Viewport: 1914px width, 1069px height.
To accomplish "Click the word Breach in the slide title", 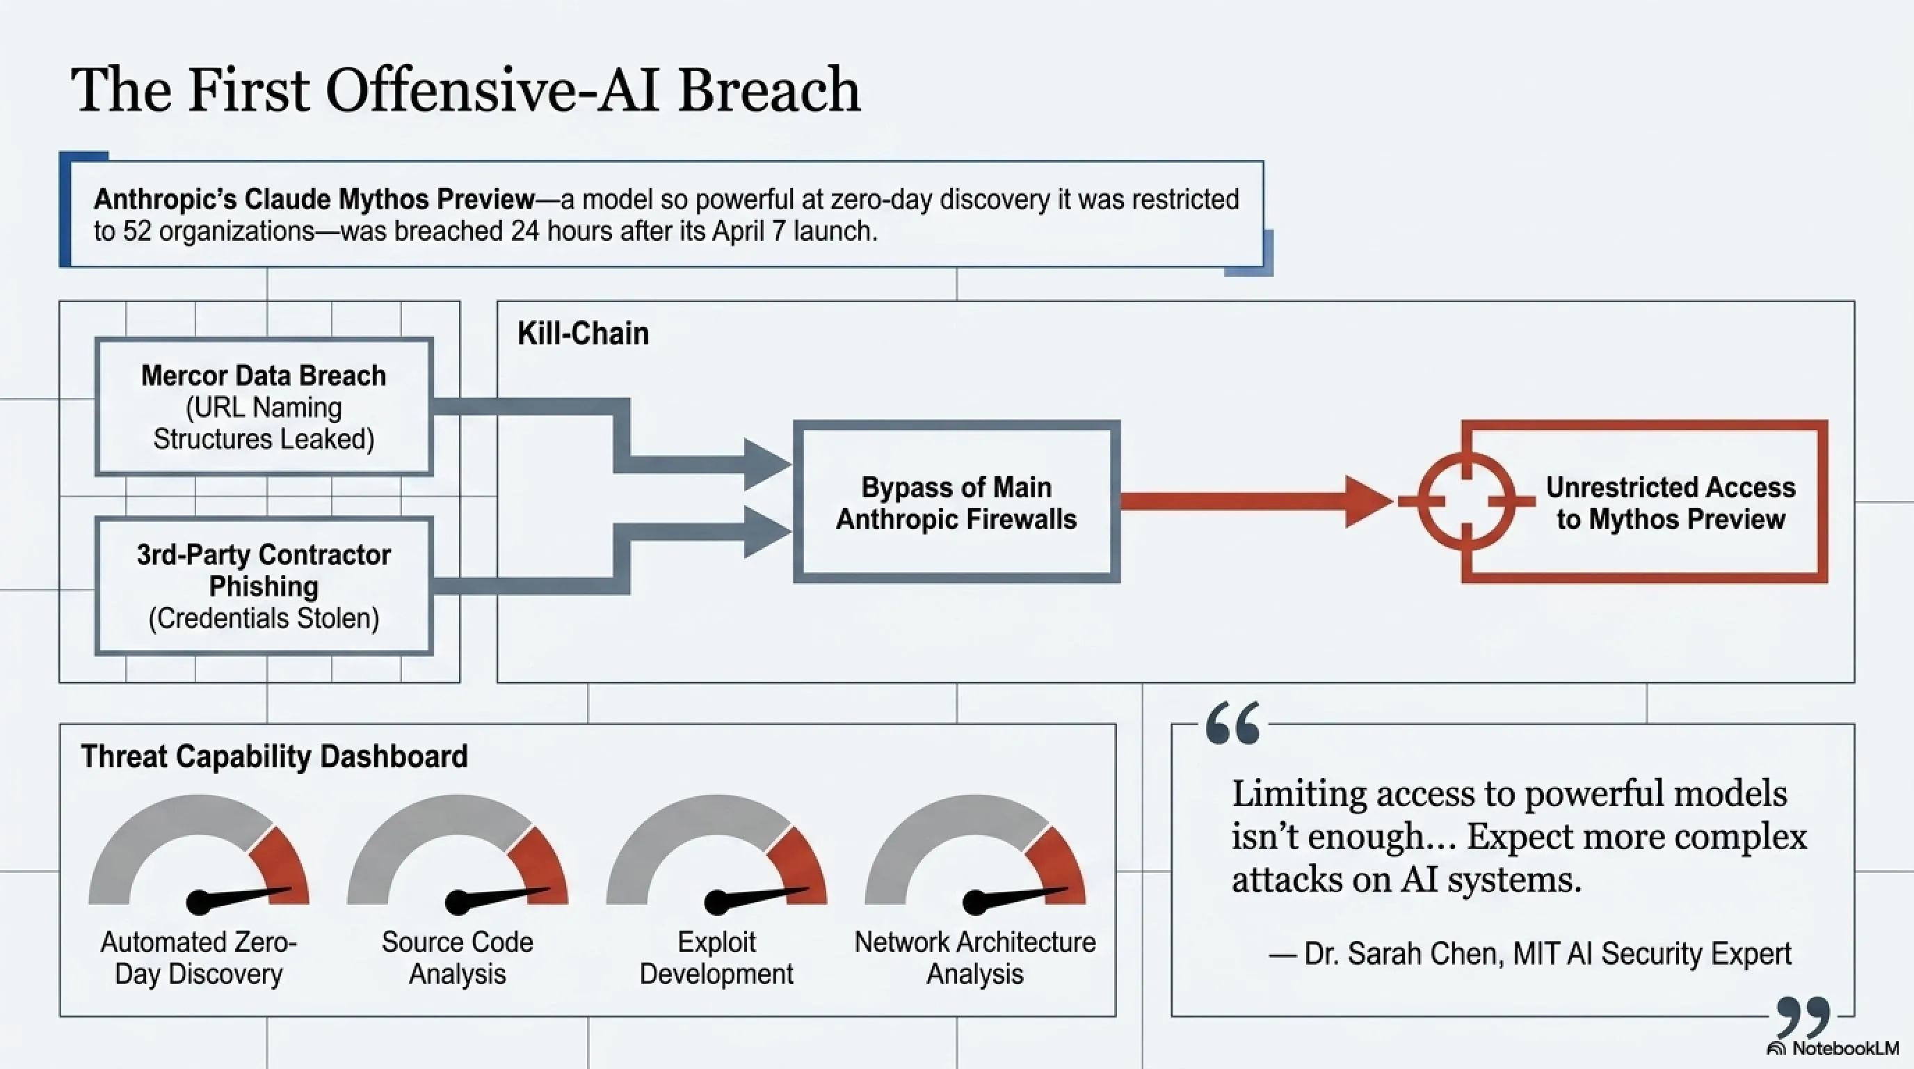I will pyautogui.click(x=769, y=90).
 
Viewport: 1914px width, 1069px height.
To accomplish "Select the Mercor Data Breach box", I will pyautogui.click(x=264, y=406).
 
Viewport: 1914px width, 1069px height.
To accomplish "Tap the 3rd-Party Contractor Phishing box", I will pyautogui.click(x=264, y=586).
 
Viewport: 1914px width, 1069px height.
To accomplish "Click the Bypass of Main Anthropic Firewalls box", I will pyautogui.click(x=956, y=502).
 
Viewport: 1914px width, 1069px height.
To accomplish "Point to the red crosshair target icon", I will pyautogui.click(x=1466, y=502).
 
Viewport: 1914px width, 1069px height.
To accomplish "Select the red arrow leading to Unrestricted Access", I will pyautogui.click(x=1255, y=502).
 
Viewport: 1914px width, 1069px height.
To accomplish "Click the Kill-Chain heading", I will pyautogui.click(x=584, y=334).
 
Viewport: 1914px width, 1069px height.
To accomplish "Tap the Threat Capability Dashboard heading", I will pyautogui.click(x=274, y=756).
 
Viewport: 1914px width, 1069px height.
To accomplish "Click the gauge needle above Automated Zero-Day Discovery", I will pyautogui.click(x=238, y=896).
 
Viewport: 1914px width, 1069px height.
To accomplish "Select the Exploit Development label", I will pyautogui.click(x=716, y=958).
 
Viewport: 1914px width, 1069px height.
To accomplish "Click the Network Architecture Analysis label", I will pyautogui.click(x=975, y=958).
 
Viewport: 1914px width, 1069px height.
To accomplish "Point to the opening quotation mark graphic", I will pyautogui.click(x=1232, y=722).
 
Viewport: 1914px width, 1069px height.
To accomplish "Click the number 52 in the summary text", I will pyautogui.click(x=137, y=231).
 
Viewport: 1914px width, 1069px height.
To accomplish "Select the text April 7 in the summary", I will pyautogui.click(x=750, y=231).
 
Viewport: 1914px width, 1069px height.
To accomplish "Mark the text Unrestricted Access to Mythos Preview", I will pyautogui.click(x=1671, y=502).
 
